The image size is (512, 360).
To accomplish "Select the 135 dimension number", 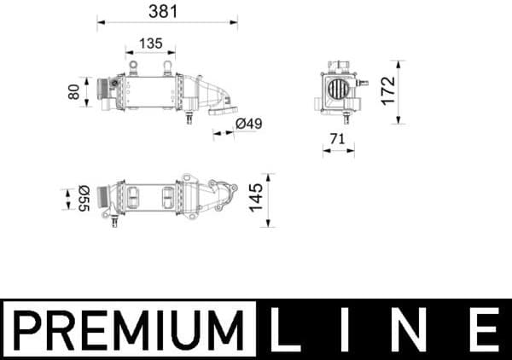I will (x=150, y=43).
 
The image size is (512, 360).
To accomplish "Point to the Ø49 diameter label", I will (x=247, y=125).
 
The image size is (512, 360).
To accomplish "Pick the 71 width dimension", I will (x=337, y=138).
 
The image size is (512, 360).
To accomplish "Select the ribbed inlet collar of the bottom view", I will (x=105, y=198).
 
